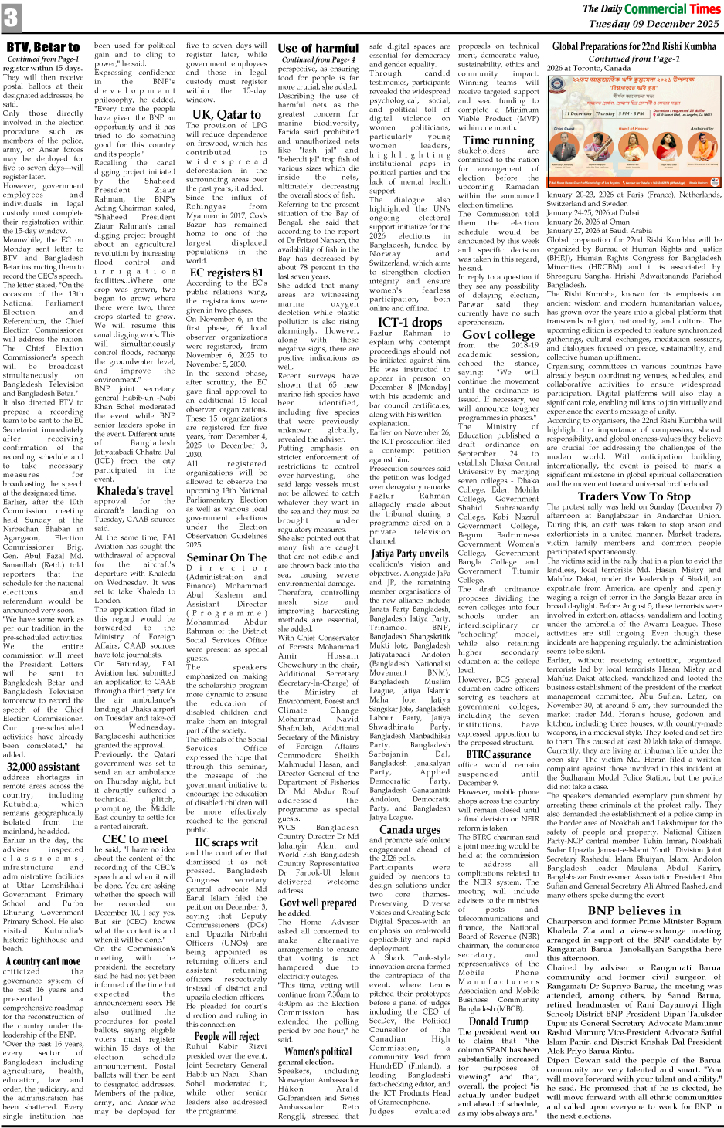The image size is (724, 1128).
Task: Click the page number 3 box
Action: pyautogui.click(x=11, y=18)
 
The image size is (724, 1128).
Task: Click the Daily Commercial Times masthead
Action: pyautogui.click(x=651, y=8)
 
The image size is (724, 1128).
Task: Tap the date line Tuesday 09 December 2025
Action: pyautogui.click(x=654, y=24)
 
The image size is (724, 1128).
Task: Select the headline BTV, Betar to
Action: pyautogui.click(x=43, y=47)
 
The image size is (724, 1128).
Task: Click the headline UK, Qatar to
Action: pyautogui.click(x=226, y=114)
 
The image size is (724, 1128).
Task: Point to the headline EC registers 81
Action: pyautogui.click(x=226, y=272)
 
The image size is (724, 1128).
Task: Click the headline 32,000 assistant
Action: pyautogui.click(x=43, y=767)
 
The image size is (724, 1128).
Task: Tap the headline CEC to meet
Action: pyautogui.click(x=134, y=838)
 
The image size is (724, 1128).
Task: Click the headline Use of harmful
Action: pyautogui.click(x=318, y=48)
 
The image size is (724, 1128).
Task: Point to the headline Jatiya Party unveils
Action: pyautogui.click(x=410, y=553)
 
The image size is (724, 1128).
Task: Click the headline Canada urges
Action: pyautogui.click(x=410, y=829)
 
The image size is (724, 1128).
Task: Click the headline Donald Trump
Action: pyautogui.click(x=498, y=1021)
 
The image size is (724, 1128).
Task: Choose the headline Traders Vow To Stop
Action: pyautogui.click(x=634, y=496)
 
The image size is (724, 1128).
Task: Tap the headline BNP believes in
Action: pyautogui.click(x=634, y=910)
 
